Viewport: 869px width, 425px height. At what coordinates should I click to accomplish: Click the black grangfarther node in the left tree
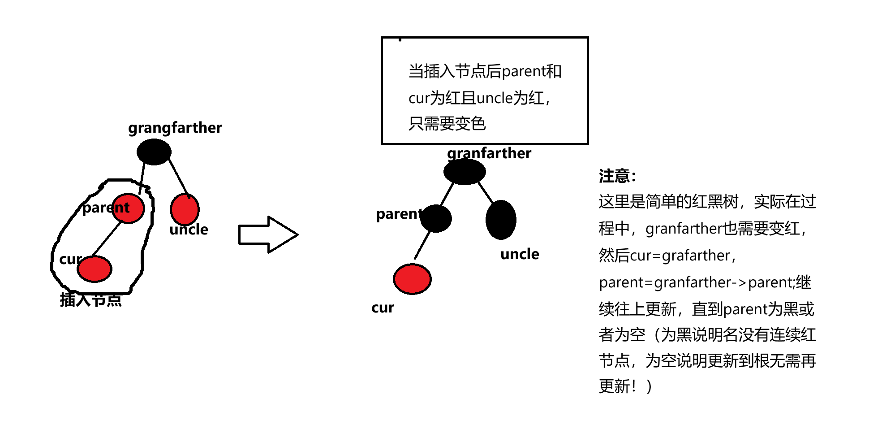(154, 152)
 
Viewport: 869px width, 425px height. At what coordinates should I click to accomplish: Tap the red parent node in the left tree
(129, 208)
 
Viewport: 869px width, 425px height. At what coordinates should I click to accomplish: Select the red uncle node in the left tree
(185, 209)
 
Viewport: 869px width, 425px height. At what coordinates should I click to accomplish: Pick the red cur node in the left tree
(95, 269)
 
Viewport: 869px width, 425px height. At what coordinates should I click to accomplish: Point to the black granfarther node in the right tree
(465, 171)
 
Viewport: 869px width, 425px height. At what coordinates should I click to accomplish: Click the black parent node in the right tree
(436, 218)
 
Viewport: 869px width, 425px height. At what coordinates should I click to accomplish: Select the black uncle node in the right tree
(501, 220)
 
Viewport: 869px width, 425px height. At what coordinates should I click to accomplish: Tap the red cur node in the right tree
(412, 279)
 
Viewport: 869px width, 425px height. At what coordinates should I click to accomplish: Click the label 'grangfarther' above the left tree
(175, 128)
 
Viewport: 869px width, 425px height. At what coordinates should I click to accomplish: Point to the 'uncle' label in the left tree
(189, 230)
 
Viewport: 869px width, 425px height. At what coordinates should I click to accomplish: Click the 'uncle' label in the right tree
(520, 254)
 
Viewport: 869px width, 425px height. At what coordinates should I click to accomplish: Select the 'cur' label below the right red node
(383, 308)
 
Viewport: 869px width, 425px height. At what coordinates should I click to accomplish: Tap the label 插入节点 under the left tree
(91, 299)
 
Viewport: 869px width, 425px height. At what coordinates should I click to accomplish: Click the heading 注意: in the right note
(617, 176)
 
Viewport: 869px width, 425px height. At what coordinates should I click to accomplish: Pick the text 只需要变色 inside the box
(447, 123)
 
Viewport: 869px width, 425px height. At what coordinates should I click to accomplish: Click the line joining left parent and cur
(107, 239)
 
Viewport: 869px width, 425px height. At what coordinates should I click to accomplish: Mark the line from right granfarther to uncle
(486, 192)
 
